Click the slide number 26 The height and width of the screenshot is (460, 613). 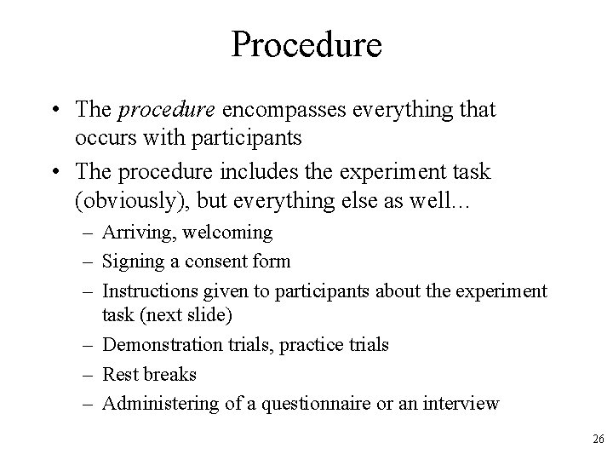point(598,439)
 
